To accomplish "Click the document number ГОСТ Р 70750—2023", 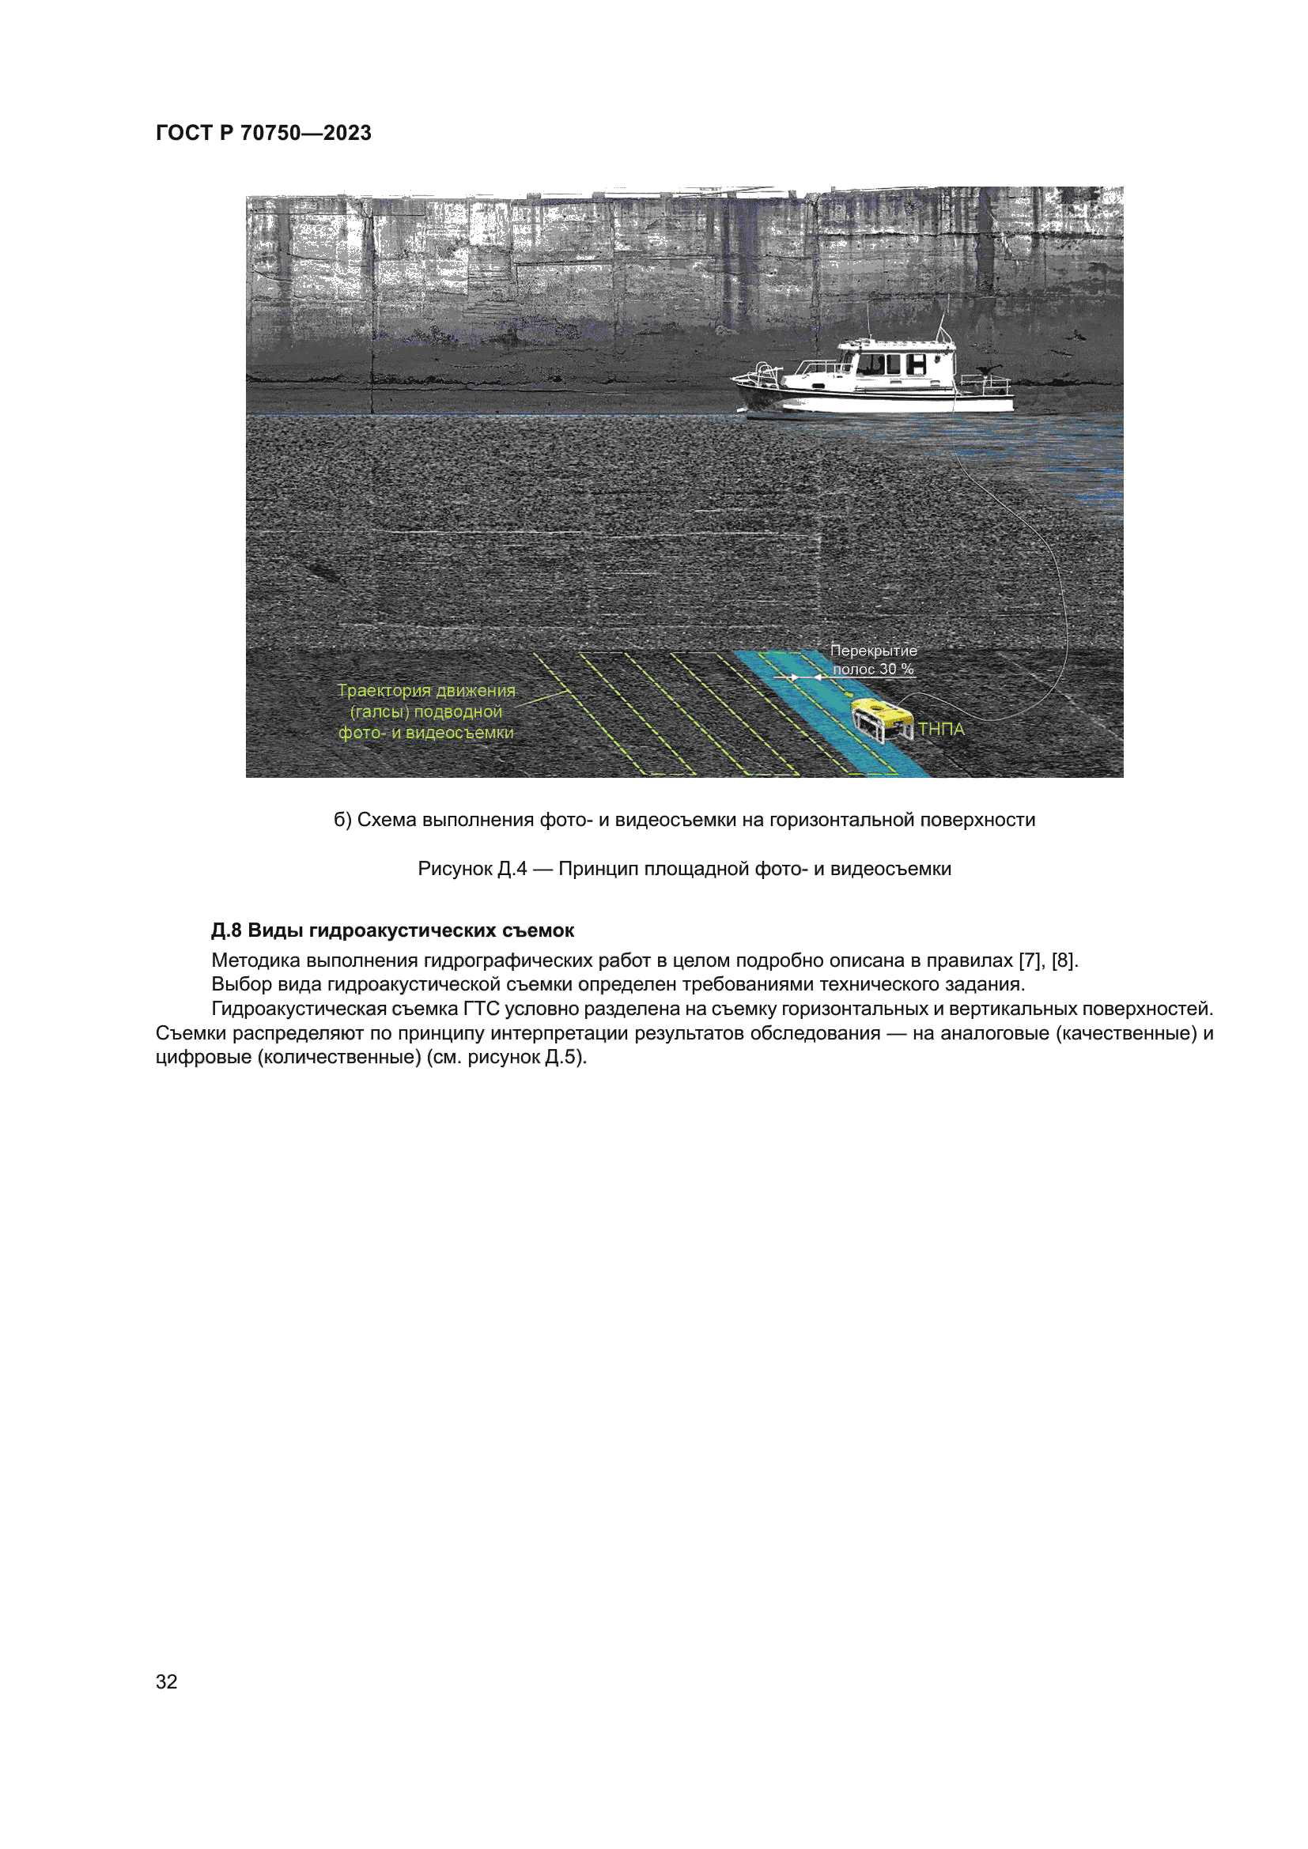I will coord(263,133).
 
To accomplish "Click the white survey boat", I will coord(874,379).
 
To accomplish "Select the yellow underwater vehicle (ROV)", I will coord(881,719).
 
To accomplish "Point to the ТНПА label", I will coord(941,729).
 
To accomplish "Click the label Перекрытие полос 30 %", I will coord(873,659).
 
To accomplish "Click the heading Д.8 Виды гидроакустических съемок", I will coord(392,930).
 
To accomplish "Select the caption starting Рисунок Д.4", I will coord(684,869).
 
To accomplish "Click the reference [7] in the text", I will coord(1030,960).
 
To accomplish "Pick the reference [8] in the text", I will coord(1064,960).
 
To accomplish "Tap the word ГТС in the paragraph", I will coord(481,1009).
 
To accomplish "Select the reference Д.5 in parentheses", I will coord(561,1058).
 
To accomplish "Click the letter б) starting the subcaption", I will coord(342,820).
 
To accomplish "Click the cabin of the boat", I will coord(894,360).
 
